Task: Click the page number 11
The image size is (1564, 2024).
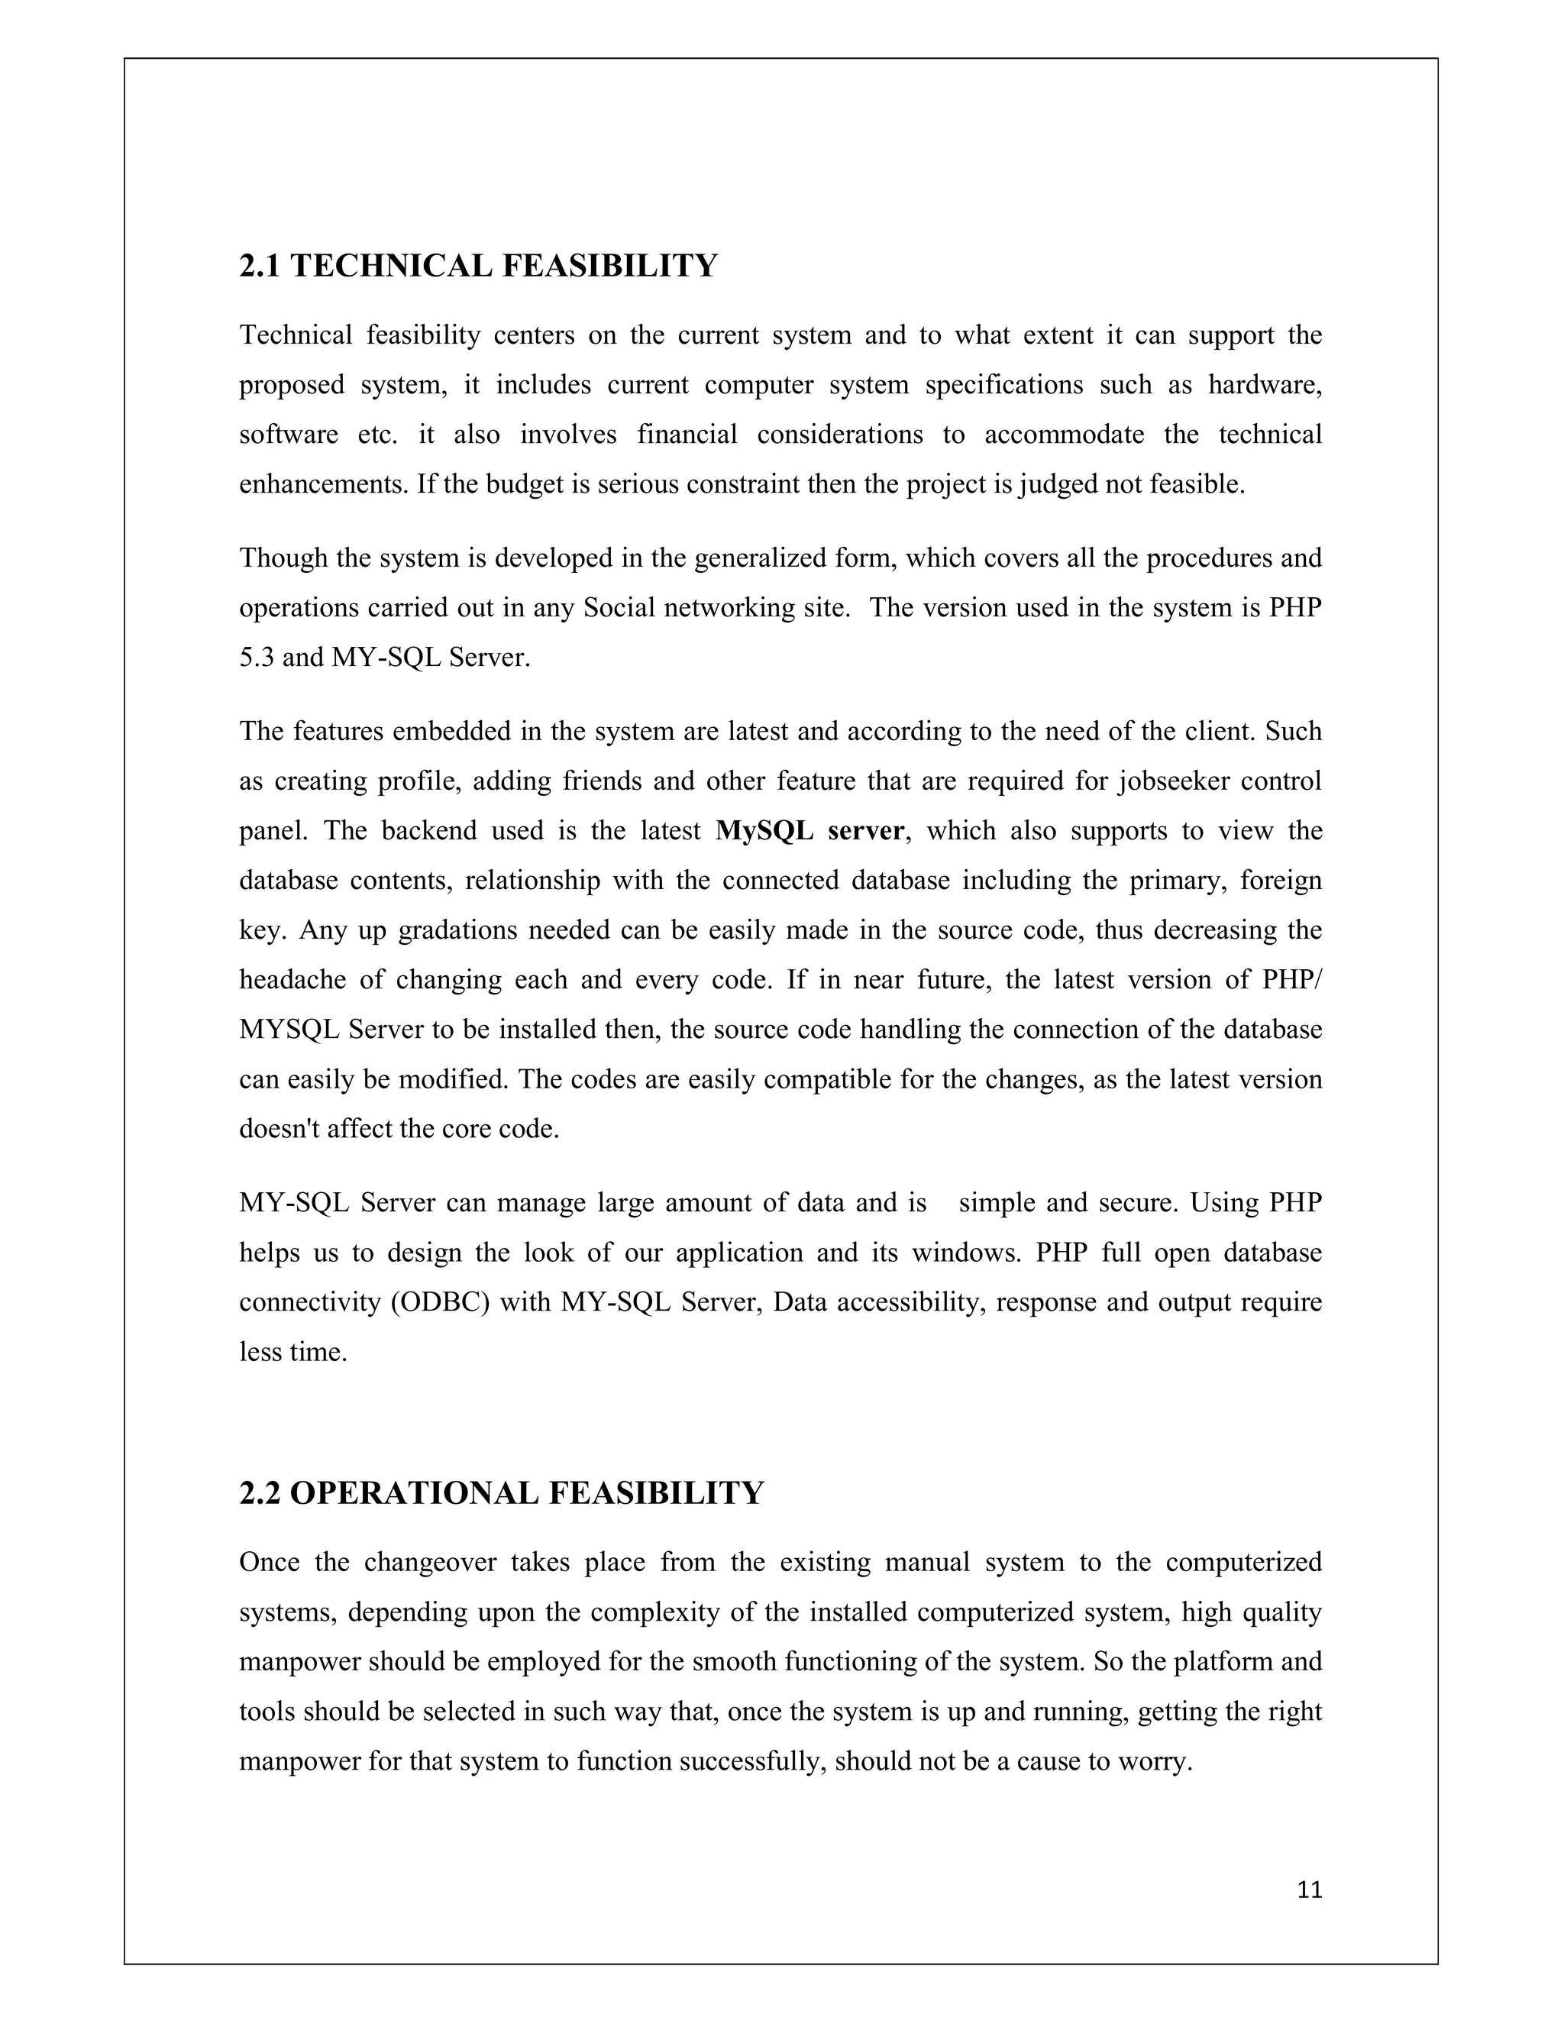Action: pos(1309,1890)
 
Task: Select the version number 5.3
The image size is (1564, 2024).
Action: pos(256,657)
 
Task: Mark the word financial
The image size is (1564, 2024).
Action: pos(687,435)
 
